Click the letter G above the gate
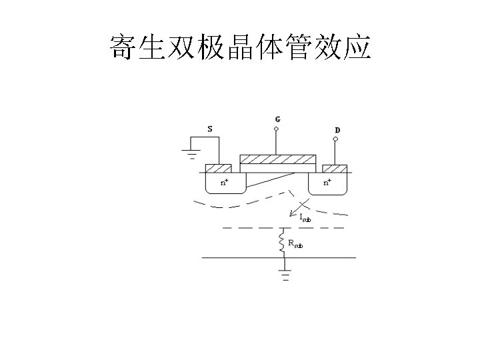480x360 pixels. click(277, 119)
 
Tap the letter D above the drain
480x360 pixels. click(337, 129)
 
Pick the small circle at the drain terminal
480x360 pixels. click(335, 139)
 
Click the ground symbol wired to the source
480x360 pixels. click(191, 155)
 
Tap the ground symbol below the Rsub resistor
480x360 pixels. click(285, 275)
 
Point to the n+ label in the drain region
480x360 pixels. click(327, 181)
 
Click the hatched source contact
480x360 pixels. click(218, 168)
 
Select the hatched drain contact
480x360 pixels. click(335, 168)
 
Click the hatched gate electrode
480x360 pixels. click(277, 159)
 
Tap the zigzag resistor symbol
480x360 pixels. click(283, 241)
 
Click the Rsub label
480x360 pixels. click(295, 244)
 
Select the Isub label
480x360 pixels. click(305, 217)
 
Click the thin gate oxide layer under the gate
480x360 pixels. click(277, 167)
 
